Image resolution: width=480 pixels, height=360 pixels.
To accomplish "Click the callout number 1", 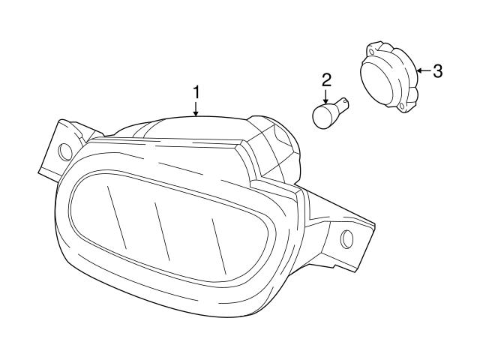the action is (196, 92).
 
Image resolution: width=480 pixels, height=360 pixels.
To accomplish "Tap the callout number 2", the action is (326, 80).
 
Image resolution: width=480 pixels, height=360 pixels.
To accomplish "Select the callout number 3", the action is (437, 71).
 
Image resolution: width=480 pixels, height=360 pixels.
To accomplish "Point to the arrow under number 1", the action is (196, 109).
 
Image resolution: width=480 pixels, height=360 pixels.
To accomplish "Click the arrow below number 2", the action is (325, 97).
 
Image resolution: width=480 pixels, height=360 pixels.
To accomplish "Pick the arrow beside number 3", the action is (424, 70).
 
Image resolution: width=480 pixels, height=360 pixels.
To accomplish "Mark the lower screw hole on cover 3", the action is (402, 106).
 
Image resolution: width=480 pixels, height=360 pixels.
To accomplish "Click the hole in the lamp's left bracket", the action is (65, 151).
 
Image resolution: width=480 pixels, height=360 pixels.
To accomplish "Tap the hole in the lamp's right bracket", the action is (346, 238).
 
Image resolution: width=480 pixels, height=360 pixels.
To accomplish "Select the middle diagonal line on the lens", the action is (162, 232).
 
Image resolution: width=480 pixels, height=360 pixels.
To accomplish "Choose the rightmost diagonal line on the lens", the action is (219, 247).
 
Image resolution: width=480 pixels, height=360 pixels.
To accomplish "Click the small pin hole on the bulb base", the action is (345, 100).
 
